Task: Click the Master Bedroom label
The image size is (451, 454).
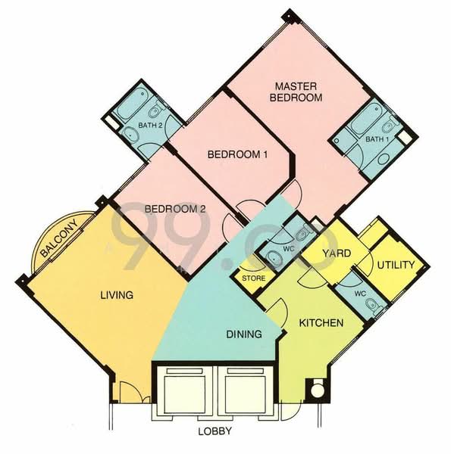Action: [x=299, y=92]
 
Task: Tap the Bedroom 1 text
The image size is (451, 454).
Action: [x=239, y=154]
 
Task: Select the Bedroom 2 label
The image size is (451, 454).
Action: [x=174, y=208]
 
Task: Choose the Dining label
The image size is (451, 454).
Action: [x=244, y=333]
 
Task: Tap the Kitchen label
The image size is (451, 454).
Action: [x=321, y=323]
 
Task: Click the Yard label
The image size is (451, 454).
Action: [x=335, y=253]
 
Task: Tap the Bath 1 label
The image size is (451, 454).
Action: [x=376, y=139]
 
